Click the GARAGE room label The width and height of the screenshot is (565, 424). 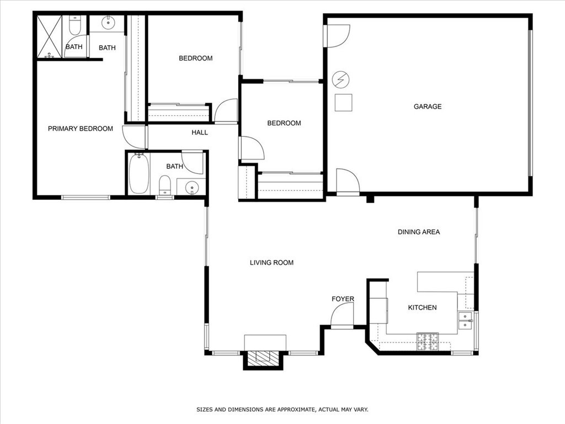[428, 107]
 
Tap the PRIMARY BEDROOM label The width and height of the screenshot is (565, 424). [81, 129]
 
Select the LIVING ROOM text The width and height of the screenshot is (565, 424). [271, 263]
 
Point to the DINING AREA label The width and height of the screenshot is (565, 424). [419, 232]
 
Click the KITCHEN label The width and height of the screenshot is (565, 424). [422, 308]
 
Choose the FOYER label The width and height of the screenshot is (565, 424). [343, 299]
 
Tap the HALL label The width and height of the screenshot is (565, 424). [200, 132]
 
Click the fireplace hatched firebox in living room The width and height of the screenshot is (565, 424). [263, 358]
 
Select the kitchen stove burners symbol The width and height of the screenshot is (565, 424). [427, 341]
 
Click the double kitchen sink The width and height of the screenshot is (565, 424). [466, 321]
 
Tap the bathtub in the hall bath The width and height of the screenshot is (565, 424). [139, 173]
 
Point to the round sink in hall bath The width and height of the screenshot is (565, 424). [191, 187]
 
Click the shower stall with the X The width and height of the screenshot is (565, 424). [49, 36]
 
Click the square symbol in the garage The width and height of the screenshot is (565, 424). [344, 103]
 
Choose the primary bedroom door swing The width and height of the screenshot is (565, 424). [134, 137]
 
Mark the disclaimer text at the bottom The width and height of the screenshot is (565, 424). [282, 410]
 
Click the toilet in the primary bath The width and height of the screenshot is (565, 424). [74, 26]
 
